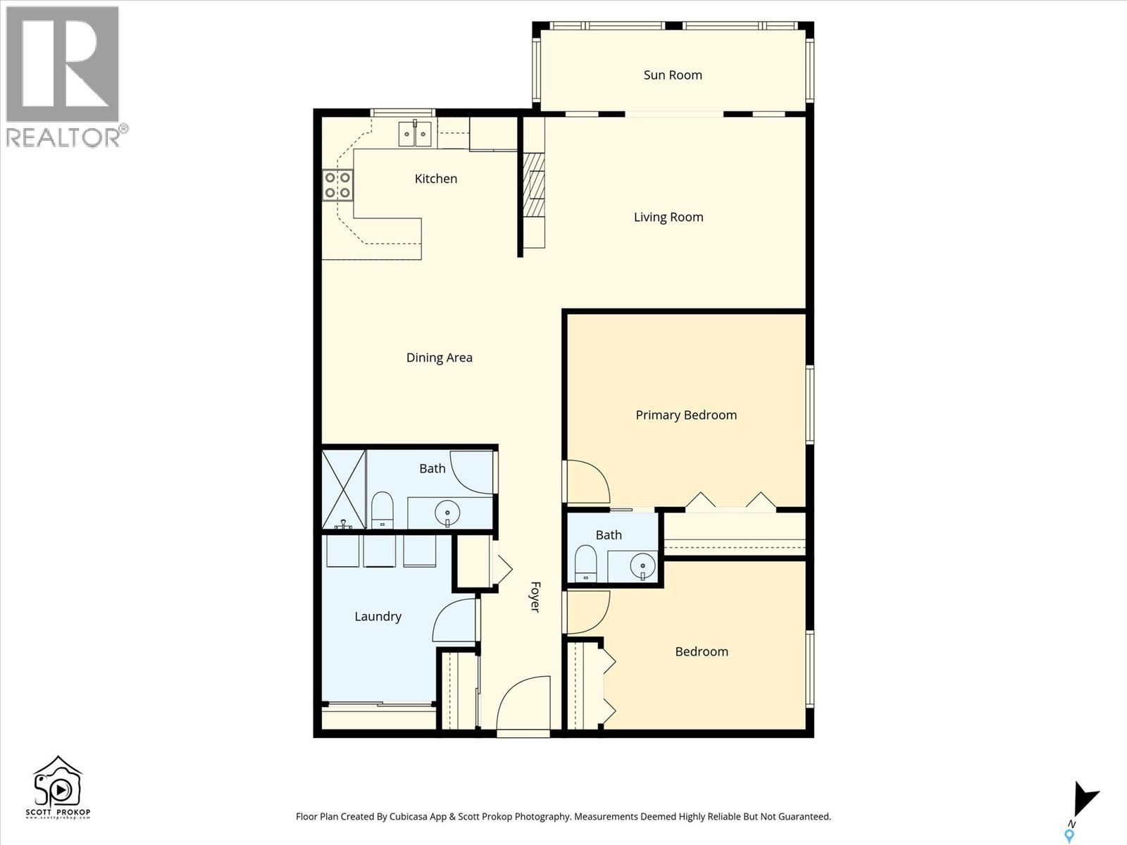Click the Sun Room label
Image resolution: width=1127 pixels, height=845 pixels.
[x=673, y=75]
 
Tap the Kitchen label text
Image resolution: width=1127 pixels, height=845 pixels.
[x=435, y=179]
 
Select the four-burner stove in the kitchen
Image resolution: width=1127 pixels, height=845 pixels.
[x=337, y=185]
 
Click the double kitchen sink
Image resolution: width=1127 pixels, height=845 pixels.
[x=415, y=134]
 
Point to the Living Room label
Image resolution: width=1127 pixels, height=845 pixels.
[x=668, y=217]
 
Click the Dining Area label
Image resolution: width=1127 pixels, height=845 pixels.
[x=439, y=358]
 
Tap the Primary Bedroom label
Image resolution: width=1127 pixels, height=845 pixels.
[x=685, y=415]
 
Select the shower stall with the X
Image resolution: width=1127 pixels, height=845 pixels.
[x=344, y=489]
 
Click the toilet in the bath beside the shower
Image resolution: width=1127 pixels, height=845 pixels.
[x=382, y=509]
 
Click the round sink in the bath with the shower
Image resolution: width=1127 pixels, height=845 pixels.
[x=447, y=512]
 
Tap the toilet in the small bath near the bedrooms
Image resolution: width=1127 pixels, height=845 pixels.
[x=585, y=563]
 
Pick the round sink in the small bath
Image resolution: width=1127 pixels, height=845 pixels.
[x=642, y=565]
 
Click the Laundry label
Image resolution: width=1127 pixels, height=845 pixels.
[x=378, y=616]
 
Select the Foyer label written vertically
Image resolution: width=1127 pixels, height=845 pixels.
[x=535, y=596]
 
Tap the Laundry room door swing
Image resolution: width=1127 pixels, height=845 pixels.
[x=455, y=620]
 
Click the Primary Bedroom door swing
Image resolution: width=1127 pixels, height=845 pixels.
[x=587, y=482]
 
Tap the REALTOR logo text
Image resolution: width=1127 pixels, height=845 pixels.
[x=63, y=137]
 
